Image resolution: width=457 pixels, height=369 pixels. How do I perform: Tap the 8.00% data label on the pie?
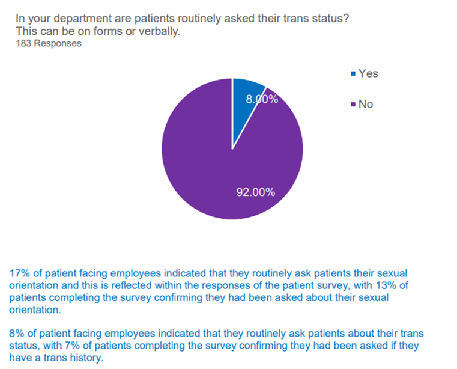click(x=262, y=100)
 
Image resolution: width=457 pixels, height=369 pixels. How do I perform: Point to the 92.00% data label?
click(x=255, y=192)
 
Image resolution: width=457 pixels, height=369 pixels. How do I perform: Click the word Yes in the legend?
click(x=368, y=73)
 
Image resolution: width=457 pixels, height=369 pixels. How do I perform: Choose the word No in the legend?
click(x=366, y=105)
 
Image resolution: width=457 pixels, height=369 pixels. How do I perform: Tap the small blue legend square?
click(x=353, y=74)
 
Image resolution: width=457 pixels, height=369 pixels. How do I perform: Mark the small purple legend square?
click(x=353, y=105)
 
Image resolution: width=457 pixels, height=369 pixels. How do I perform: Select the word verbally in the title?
click(x=160, y=31)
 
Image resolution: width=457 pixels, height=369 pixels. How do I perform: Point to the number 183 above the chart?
click(x=24, y=43)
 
